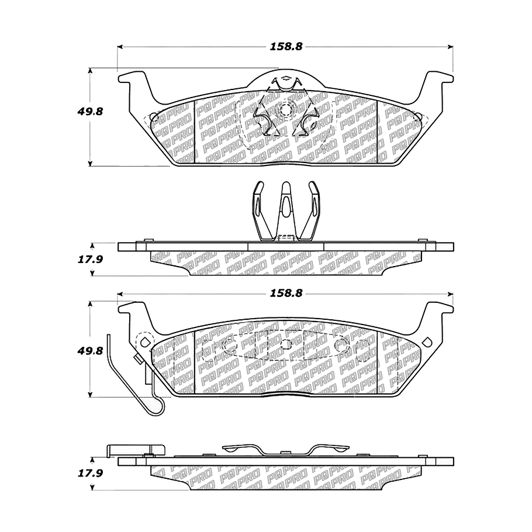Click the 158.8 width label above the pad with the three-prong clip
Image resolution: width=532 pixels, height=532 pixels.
[286, 47]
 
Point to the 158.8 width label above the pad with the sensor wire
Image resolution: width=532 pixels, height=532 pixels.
[286, 294]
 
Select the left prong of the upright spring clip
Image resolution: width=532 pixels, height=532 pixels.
[258, 208]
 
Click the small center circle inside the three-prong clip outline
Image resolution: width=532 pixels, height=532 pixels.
[285, 110]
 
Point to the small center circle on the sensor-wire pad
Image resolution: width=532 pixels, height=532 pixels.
[285, 344]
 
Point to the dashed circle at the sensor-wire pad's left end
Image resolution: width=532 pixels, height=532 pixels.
[143, 340]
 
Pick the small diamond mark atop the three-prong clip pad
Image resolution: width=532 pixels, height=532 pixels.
[285, 78]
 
